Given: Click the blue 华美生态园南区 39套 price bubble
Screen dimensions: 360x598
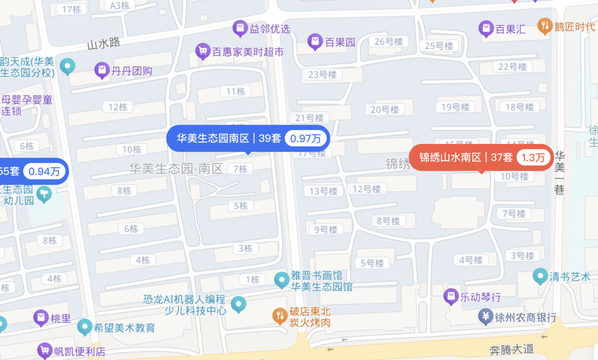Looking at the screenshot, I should click(248, 138).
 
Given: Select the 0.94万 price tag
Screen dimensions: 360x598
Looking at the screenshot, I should click(44, 171).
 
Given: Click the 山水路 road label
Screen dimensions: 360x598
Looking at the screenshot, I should click(104, 44).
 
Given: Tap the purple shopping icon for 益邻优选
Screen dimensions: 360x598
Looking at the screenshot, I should click(240, 27).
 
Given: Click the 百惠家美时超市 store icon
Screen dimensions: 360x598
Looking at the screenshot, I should click(203, 52).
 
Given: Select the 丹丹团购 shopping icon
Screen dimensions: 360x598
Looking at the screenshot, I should click(102, 70).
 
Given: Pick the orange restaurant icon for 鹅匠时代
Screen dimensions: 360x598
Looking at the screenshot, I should click(545, 25).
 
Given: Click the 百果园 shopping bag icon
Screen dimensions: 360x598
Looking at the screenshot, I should click(315, 41).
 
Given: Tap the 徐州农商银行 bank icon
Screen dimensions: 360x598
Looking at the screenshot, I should click(486, 317).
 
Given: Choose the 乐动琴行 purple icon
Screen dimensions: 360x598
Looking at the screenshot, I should click(451, 297).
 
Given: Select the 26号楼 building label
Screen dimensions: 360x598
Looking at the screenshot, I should click(388, 42).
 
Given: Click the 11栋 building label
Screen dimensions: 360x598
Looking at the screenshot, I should click(236, 91).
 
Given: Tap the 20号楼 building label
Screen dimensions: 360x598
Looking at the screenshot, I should click(384, 110).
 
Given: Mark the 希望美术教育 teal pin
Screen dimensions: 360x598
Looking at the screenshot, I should click(85, 327).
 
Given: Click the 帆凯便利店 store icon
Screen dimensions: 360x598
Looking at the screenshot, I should click(44, 351).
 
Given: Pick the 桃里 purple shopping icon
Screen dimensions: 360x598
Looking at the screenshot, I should click(40, 318).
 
